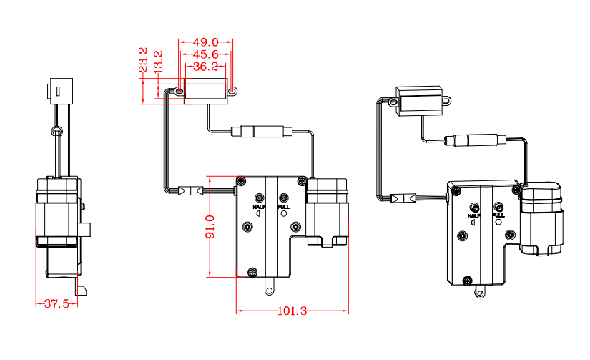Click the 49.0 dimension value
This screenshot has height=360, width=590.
point(205,43)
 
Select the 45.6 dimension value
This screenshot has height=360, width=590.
point(205,54)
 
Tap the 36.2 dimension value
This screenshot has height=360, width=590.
point(205,67)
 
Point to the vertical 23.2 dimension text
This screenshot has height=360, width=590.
point(143,60)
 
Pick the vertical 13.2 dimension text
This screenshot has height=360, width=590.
point(158,60)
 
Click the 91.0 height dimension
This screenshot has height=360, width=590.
point(210,228)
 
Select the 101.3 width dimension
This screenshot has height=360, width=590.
point(291,311)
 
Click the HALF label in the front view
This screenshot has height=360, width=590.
point(259,206)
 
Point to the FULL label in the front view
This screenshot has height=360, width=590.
point(283,206)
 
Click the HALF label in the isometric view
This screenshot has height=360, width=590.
point(473,215)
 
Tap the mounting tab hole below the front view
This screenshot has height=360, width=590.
point(270,290)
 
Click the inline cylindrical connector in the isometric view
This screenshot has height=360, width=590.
point(476,140)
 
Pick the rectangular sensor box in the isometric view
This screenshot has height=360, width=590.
point(422,101)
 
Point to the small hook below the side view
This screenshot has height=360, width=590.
point(82,290)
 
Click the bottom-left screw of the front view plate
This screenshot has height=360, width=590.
point(251,272)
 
